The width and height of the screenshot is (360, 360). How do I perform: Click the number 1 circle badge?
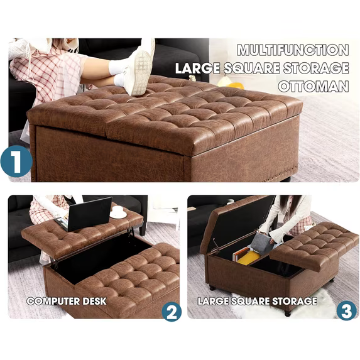point(16,161)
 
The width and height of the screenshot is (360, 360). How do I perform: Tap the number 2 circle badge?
point(172,312)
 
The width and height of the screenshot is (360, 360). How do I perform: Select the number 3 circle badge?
point(347,311)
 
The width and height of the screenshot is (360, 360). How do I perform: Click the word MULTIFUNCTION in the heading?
point(293,50)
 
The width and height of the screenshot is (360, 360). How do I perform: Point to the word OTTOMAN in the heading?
point(314,87)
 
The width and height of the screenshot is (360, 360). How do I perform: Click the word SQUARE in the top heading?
point(252,68)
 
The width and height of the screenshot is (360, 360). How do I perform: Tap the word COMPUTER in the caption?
point(53,301)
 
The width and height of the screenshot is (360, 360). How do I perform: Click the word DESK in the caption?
point(94,301)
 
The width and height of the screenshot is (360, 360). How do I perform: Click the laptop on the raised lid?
point(86,215)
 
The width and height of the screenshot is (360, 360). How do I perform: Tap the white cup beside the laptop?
point(118,212)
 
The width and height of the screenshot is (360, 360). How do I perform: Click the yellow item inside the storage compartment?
point(248,258)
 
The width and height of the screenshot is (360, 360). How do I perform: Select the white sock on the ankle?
point(117,67)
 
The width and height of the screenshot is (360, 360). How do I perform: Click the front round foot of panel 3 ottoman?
point(287,313)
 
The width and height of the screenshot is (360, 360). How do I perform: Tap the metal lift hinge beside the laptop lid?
point(131,232)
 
